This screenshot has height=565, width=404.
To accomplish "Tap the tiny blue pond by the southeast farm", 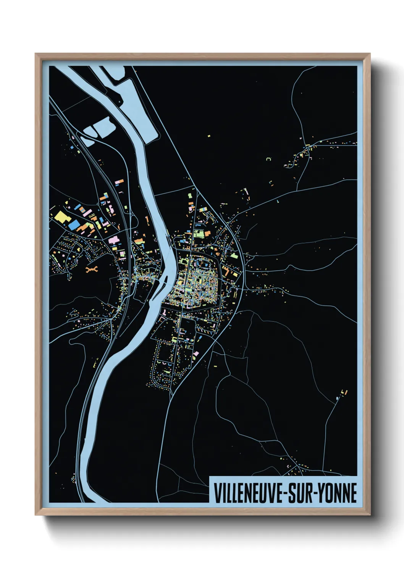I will tap(337, 398).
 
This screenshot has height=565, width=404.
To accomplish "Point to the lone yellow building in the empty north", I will tap(209, 135).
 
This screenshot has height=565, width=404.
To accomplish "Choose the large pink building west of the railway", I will tap(114, 240).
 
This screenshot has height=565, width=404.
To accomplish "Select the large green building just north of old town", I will tap(199, 234).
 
